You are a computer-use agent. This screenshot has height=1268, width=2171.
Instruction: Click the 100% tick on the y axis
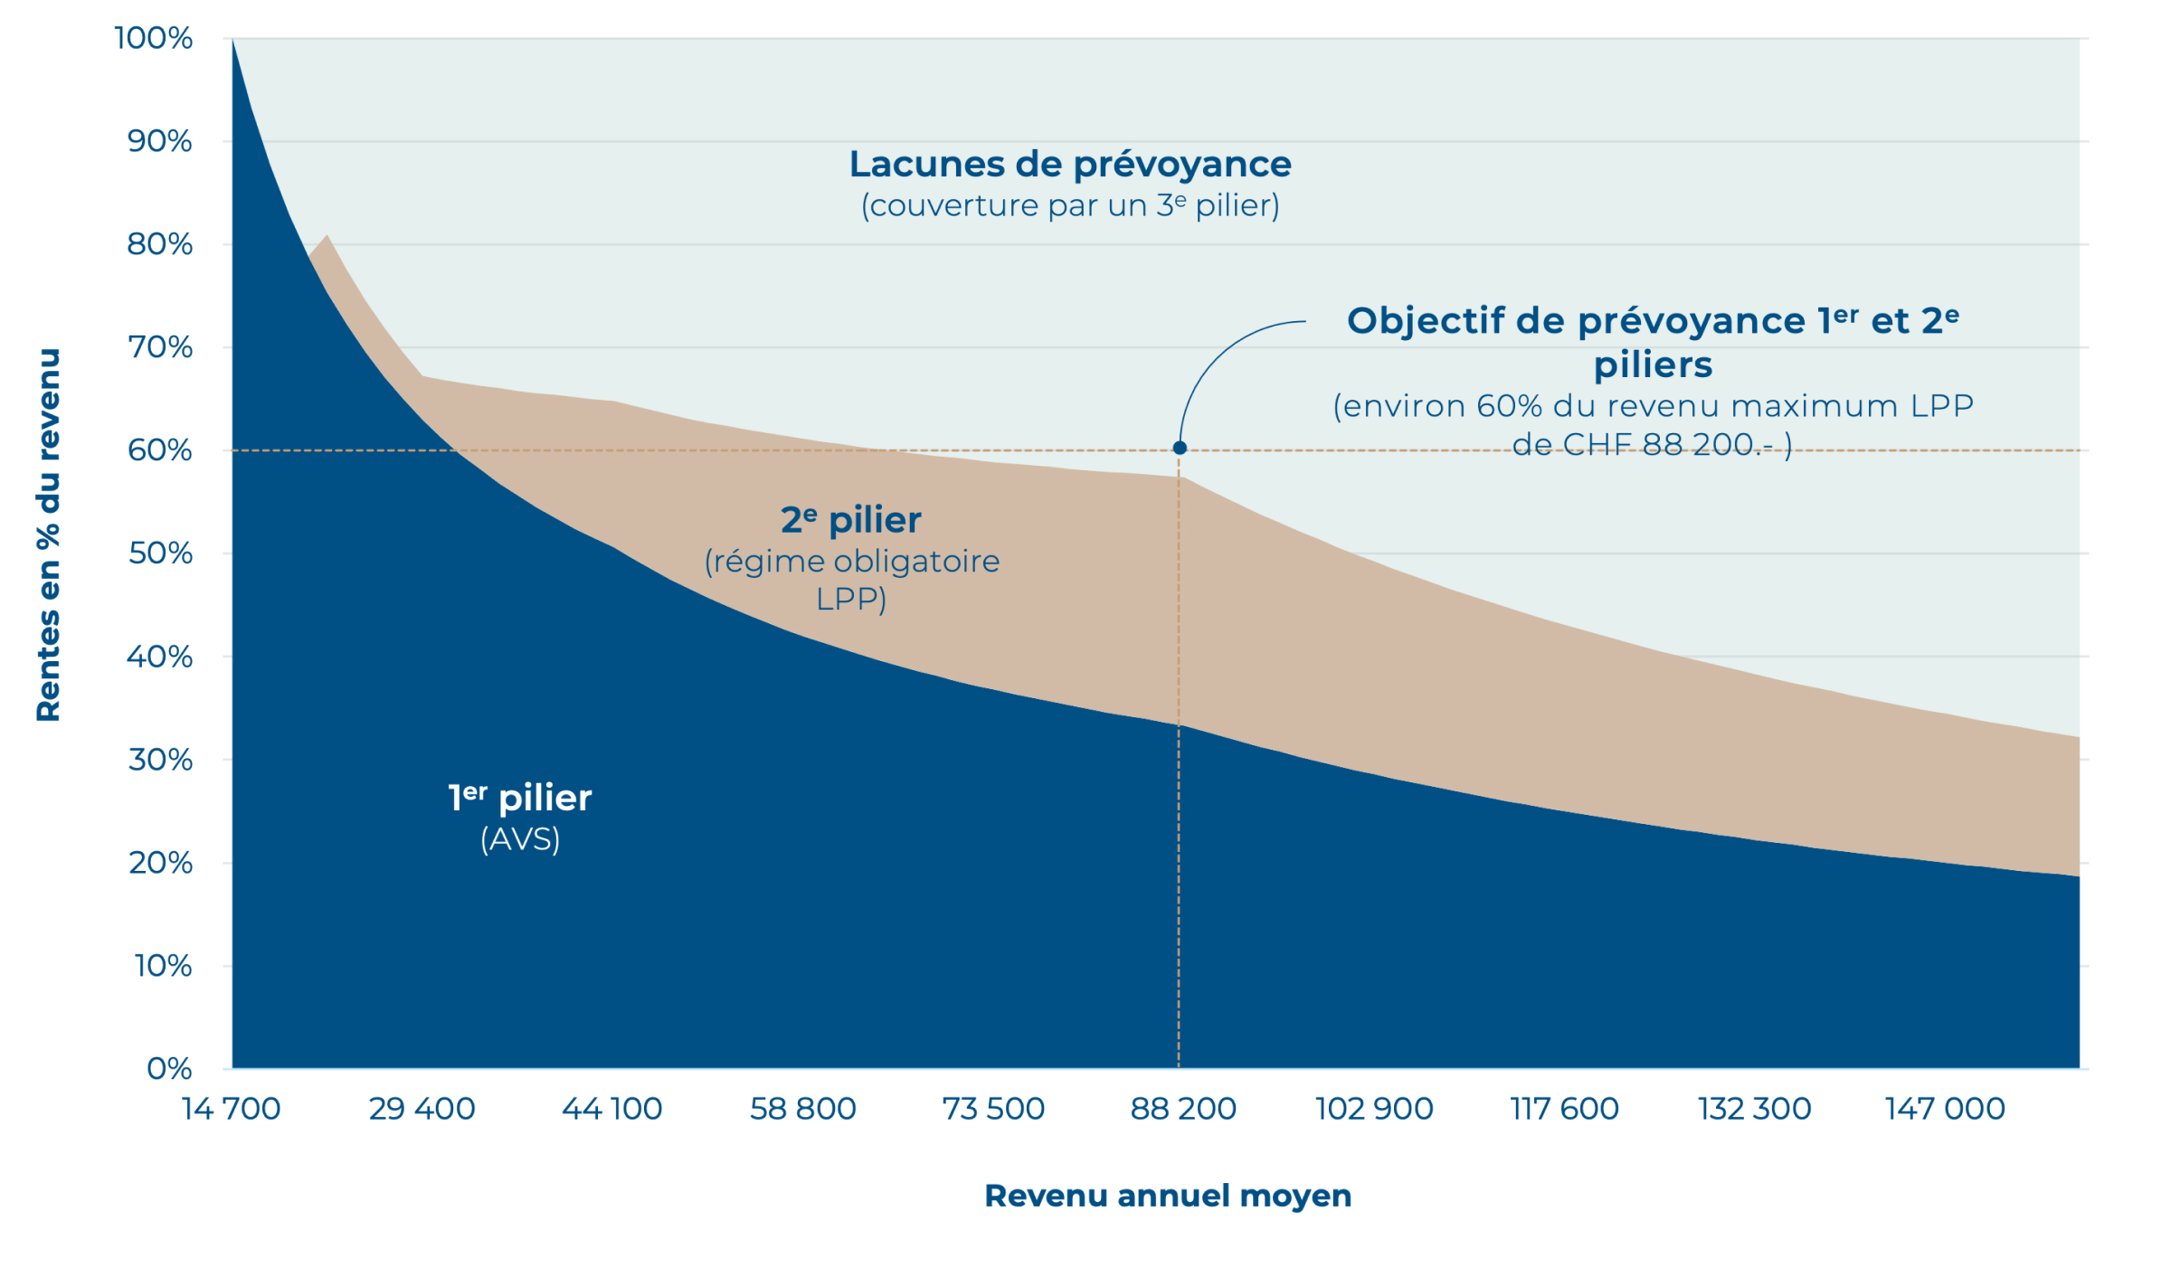coord(154,39)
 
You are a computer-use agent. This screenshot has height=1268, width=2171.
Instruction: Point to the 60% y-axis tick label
coord(160,450)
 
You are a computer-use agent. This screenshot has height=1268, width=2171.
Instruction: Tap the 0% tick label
coord(169,1069)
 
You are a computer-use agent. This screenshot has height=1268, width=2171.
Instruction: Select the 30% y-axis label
coord(160,760)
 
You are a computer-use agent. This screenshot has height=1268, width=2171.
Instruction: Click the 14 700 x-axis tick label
coord(232,1109)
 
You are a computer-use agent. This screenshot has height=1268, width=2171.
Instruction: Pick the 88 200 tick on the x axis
coord(1183,1109)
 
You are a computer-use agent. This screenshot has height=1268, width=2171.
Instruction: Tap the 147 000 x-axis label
coord(1945,1109)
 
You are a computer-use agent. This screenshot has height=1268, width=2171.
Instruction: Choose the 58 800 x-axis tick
coord(802,1109)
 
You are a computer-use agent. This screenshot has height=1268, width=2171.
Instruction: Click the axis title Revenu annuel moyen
coord(1168,1196)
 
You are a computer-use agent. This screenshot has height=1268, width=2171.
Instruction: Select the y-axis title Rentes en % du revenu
coord(48,535)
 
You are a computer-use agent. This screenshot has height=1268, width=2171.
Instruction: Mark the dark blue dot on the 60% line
coord(1180,448)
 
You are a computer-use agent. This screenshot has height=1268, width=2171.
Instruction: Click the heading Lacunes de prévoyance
coord(1070,165)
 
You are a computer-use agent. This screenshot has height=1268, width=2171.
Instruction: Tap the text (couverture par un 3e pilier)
coord(1070,206)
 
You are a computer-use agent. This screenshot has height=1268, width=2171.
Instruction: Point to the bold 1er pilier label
coord(520,798)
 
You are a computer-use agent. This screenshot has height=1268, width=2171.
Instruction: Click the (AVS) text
coord(520,839)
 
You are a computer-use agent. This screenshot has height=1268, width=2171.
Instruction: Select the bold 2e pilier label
coord(851,520)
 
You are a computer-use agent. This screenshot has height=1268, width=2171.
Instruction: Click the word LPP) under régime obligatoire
coord(851,599)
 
